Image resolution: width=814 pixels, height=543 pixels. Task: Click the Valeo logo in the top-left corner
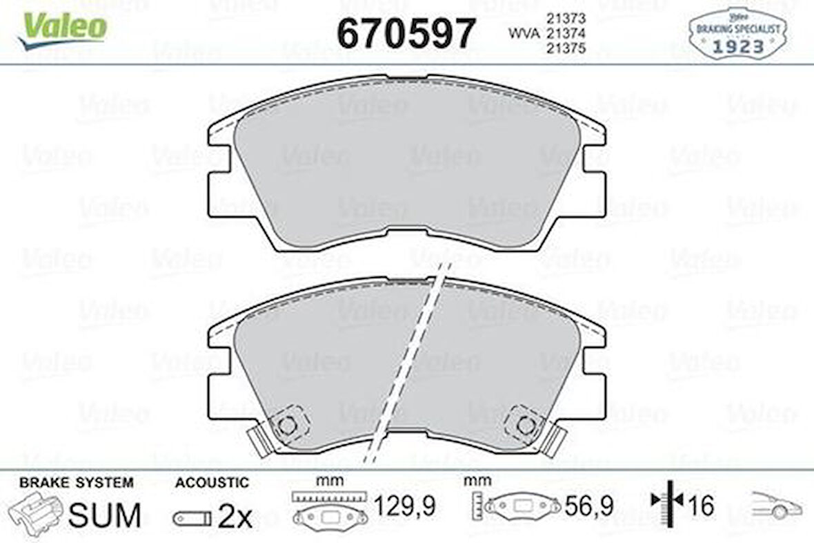63,30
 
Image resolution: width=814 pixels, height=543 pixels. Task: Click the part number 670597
406,32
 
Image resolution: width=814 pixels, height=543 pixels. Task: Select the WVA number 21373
566,18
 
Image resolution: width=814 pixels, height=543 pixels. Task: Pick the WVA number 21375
566,48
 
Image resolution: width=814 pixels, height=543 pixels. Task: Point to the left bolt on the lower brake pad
286,426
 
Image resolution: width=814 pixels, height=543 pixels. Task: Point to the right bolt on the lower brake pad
526,426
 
